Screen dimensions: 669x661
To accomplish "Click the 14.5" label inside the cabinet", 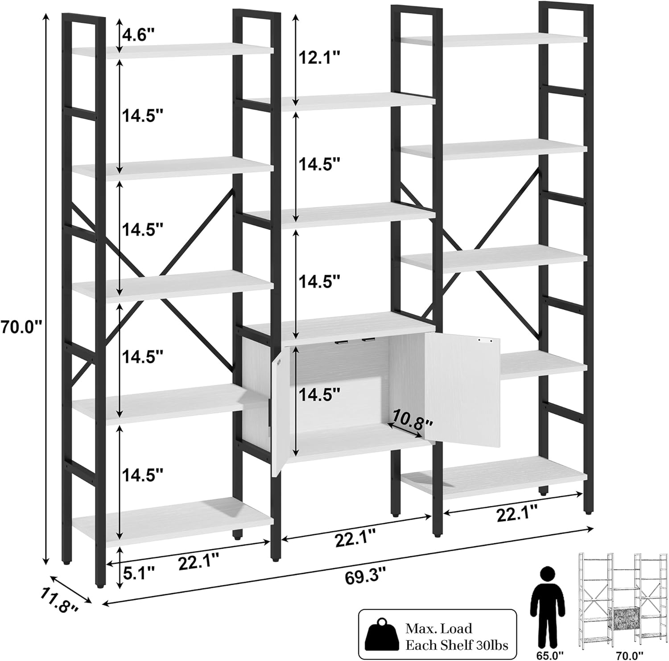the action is tap(319, 394).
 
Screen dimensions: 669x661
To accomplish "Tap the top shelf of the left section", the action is tap(172, 50).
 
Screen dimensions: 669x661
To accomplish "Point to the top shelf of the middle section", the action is tap(340, 102).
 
